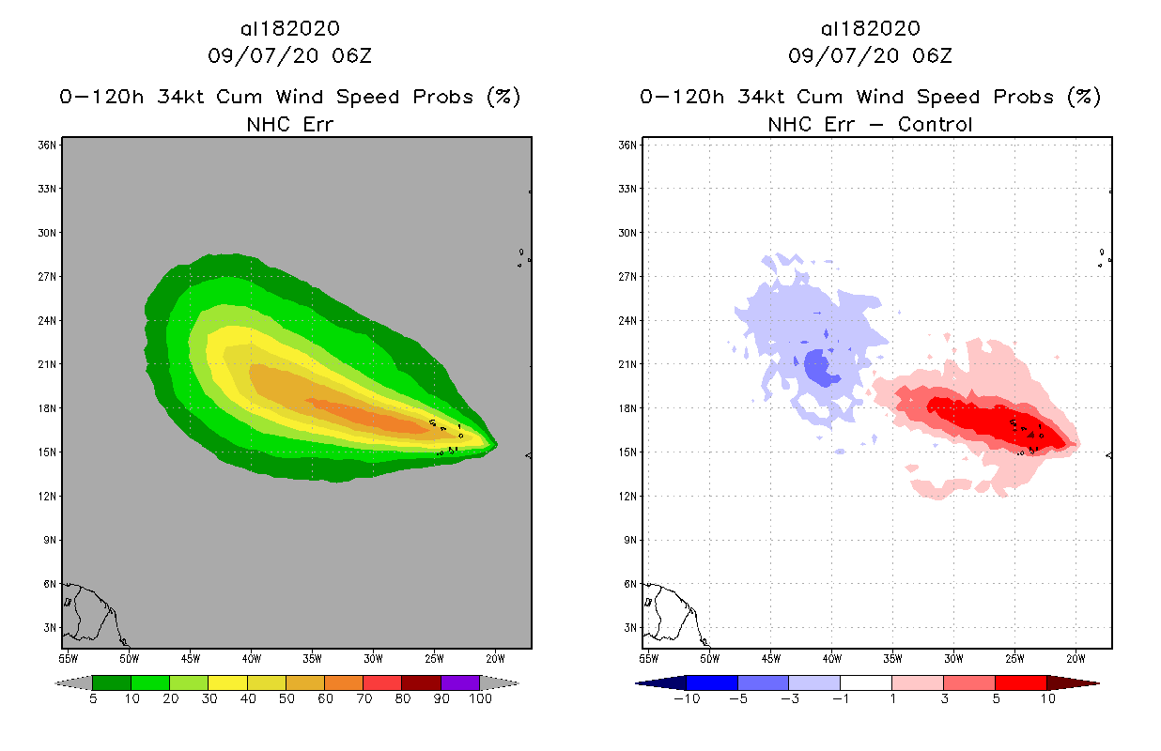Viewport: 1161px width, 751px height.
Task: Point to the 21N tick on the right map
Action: (x=631, y=364)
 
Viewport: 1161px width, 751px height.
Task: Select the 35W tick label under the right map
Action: (x=892, y=657)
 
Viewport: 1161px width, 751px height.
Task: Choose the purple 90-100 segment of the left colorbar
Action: (x=460, y=682)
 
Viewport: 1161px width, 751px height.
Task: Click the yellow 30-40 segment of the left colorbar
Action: (x=227, y=682)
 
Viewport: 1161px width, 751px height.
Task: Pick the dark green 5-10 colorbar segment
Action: (x=112, y=682)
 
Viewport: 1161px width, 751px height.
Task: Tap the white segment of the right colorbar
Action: (x=866, y=682)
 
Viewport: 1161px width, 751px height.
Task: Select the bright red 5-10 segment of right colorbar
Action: (x=1020, y=682)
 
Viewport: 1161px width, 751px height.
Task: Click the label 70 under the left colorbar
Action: (x=363, y=698)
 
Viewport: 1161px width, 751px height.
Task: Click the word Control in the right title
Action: (x=936, y=124)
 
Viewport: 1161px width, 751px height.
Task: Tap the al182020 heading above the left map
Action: (x=289, y=28)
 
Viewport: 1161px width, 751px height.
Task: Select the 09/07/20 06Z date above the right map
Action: (x=870, y=56)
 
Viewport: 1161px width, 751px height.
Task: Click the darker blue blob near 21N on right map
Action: (x=822, y=367)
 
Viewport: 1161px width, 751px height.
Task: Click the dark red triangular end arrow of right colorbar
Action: (x=1072, y=682)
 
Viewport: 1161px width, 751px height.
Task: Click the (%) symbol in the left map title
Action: (x=503, y=97)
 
